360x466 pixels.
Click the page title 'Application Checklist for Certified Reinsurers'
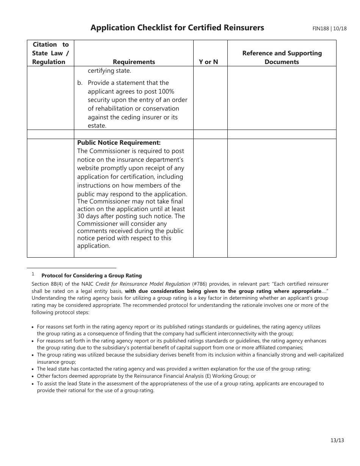(x=177, y=28)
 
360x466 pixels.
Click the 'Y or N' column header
(x=208, y=62)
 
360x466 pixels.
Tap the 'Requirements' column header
(x=134, y=62)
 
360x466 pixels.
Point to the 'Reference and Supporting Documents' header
(x=282, y=58)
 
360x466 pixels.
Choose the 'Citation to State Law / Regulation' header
(x=50, y=53)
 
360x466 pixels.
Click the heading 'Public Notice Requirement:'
(x=119, y=142)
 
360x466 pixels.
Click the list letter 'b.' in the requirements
(x=80, y=83)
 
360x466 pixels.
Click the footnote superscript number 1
(x=33, y=274)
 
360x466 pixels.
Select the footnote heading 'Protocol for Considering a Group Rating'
(x=91, y=276)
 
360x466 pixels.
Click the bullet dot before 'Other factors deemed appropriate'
(x=33, y=376)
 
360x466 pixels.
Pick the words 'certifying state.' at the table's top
(x=109, y=71)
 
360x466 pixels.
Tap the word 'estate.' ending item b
(x=97, y=126)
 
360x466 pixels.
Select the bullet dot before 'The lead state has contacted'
(x=33, y=369)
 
